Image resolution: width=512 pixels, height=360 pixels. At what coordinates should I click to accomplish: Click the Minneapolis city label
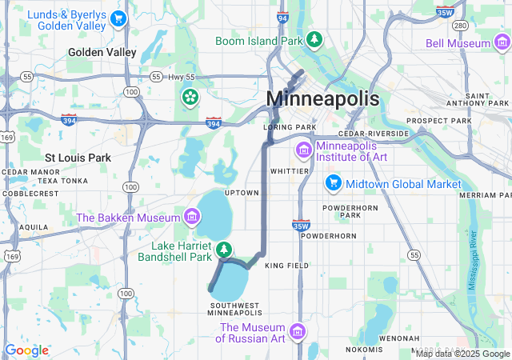(x=322, y=98)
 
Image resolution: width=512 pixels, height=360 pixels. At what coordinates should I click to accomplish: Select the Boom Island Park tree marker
(x=315, y=39)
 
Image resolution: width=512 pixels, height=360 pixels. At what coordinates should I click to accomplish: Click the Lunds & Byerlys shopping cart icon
(x=118, y=18)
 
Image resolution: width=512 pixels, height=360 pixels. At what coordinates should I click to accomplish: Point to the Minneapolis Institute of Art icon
(x=303, y=150)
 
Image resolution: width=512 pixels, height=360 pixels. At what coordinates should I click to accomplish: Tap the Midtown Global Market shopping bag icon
(x=333, y=183)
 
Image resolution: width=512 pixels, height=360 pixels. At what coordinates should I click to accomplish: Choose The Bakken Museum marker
(x=190, y=216)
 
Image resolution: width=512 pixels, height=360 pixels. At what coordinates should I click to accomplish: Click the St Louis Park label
(x=78, y=158)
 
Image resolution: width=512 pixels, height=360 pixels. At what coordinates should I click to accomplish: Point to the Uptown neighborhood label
(x=242, y=193)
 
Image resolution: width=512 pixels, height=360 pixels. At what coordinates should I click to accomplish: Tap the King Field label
(x=286, y=265)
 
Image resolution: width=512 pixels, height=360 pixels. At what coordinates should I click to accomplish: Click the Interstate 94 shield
(x=282, y=16)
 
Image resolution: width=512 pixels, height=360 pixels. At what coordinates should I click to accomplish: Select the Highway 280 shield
(x=459, y=25)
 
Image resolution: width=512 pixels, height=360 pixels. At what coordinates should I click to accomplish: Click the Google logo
(x=26, y=350)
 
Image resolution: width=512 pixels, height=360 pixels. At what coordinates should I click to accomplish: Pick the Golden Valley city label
(x=102, y=52)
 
